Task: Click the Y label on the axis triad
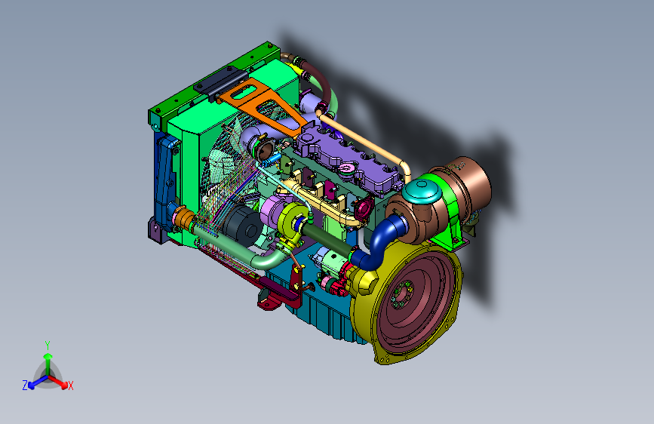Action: coord(48,346)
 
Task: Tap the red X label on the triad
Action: coord(70,386)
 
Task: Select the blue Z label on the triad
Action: coord(25,386)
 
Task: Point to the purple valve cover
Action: coord(349,160)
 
